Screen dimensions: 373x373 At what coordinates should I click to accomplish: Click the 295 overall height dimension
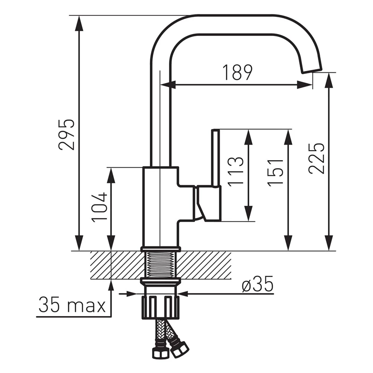pos(66,134)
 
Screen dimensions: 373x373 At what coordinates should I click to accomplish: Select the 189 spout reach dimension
pos(237,73)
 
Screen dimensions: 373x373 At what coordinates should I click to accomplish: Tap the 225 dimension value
pos(317,158)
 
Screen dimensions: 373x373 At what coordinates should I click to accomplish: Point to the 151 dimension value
pos(276,172)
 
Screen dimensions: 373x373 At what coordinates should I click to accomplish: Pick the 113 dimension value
pos(236,171)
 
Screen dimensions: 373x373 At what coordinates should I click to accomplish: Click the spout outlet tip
pos(312,69)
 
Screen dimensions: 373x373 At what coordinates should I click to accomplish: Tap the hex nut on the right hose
pos(179,348)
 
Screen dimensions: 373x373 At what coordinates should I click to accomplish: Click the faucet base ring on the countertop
pos(160,248)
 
